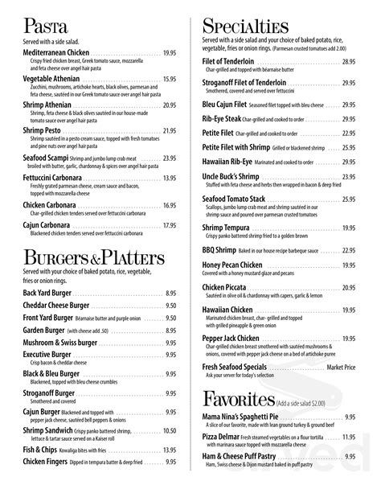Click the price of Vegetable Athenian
(x=169, y=79)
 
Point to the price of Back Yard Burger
(x=171, y=294)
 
